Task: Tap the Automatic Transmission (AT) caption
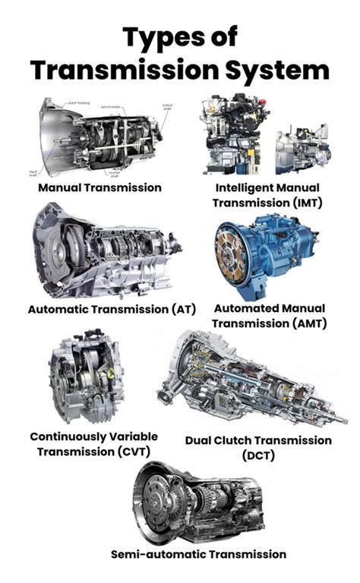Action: pos(112,309)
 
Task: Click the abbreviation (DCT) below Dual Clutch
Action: pos(258,455)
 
